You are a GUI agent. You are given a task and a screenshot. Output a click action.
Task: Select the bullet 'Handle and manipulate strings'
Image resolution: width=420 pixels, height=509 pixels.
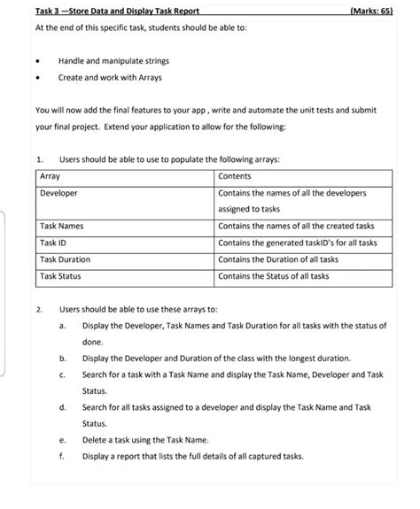114,61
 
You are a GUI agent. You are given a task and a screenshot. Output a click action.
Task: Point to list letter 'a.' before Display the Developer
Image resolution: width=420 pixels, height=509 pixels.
63,325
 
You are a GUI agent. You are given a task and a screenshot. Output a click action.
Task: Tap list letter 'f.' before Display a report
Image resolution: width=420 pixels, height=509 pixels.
63,455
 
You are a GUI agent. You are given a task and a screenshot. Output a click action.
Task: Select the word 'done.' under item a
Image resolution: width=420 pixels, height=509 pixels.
93,341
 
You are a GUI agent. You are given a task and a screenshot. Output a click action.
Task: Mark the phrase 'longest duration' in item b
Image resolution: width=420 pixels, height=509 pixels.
317,358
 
